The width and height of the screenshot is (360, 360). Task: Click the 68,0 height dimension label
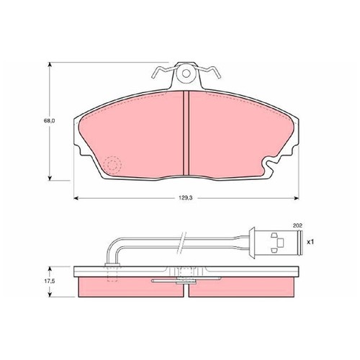[49, 121]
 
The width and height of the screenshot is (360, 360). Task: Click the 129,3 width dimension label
[184, 198]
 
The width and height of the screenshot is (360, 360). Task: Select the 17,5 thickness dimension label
[50, 281]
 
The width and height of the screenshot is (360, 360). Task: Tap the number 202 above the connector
[297, 225]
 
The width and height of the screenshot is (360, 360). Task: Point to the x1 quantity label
[310, 243]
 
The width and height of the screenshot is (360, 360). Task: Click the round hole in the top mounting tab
[186, 73]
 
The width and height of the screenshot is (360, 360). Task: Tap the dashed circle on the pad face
[112, 165]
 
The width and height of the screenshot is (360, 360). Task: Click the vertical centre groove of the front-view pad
[186, 133]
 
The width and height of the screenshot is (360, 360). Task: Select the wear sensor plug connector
[276, 243]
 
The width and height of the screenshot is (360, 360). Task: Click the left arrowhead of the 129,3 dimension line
[76, 198]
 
